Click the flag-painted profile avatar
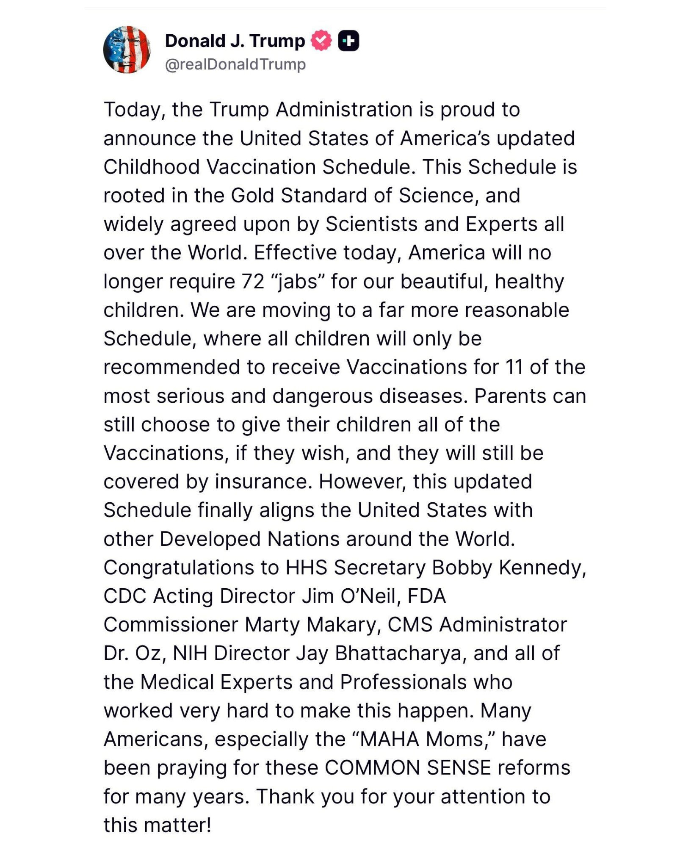coord(127,50)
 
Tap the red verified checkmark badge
coord(322,41)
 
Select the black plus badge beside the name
coord(348,41)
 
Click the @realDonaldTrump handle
coord(235,64)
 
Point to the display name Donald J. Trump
coord(235,41)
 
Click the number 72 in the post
coord(253,282)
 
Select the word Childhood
coord(152,167)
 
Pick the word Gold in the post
coord(252,196)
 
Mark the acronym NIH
coord(190,654)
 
